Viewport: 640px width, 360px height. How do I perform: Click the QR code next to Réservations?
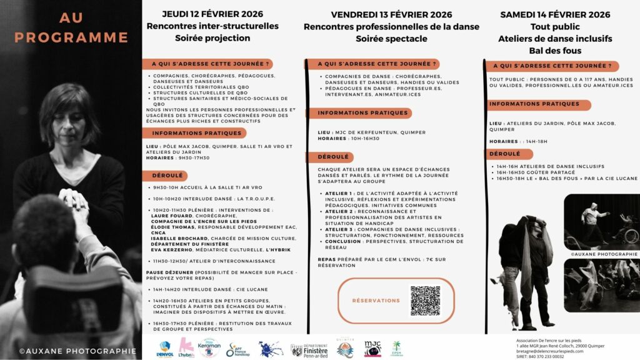tap(425, 301)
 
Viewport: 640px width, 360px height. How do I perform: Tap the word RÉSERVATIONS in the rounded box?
tap(376, 301)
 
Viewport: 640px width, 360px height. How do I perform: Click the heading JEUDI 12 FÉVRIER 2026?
tap(212, 14)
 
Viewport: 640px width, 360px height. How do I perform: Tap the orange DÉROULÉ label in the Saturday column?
tap(504, 153)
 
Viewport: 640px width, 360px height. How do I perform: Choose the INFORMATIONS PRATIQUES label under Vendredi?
tap(354, 113)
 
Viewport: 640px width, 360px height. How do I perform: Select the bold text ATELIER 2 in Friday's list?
tap(338, 211)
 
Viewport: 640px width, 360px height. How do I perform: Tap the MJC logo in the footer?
tap(373, 349)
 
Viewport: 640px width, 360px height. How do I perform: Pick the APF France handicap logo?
tap(235, 349)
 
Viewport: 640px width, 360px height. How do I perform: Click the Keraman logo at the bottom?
tap(209, 347)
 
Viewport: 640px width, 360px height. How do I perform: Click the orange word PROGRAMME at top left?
tap(71, 37)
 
